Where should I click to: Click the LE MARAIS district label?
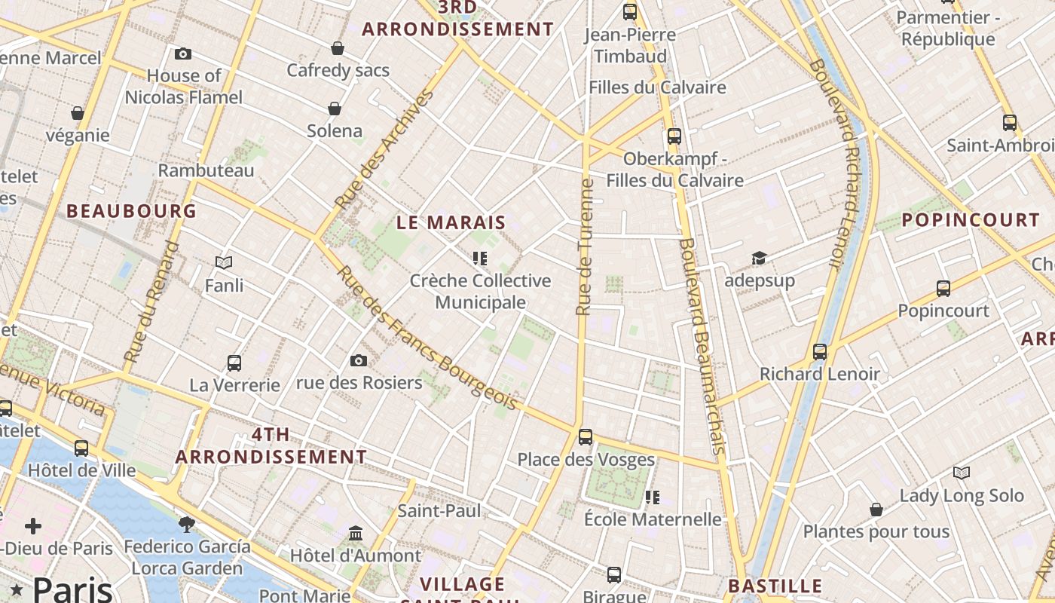[451, 222]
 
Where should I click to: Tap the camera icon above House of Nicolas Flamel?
[182, 54]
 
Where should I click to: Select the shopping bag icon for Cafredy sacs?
[338, 48]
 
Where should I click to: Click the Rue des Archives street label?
[384, 149]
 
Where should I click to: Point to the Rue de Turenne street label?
[585, 246]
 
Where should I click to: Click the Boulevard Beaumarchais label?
[702, 346]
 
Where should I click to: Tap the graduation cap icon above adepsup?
[759, 259]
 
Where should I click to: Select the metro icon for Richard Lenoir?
[820, 351]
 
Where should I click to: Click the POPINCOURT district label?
[971, 220]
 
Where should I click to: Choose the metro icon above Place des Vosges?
[586, 436]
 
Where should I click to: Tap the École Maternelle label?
[653, 519]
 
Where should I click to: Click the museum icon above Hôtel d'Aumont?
[356, 534]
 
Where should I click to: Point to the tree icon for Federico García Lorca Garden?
[187, 523]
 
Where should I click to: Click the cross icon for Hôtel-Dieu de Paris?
[33, 526]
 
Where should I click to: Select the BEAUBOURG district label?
[131, 211]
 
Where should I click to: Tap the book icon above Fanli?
[224, 262]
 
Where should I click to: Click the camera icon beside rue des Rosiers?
[359, 360]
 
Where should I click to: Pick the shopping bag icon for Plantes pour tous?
[876, 510]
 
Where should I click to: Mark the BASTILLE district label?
[775, 586]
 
